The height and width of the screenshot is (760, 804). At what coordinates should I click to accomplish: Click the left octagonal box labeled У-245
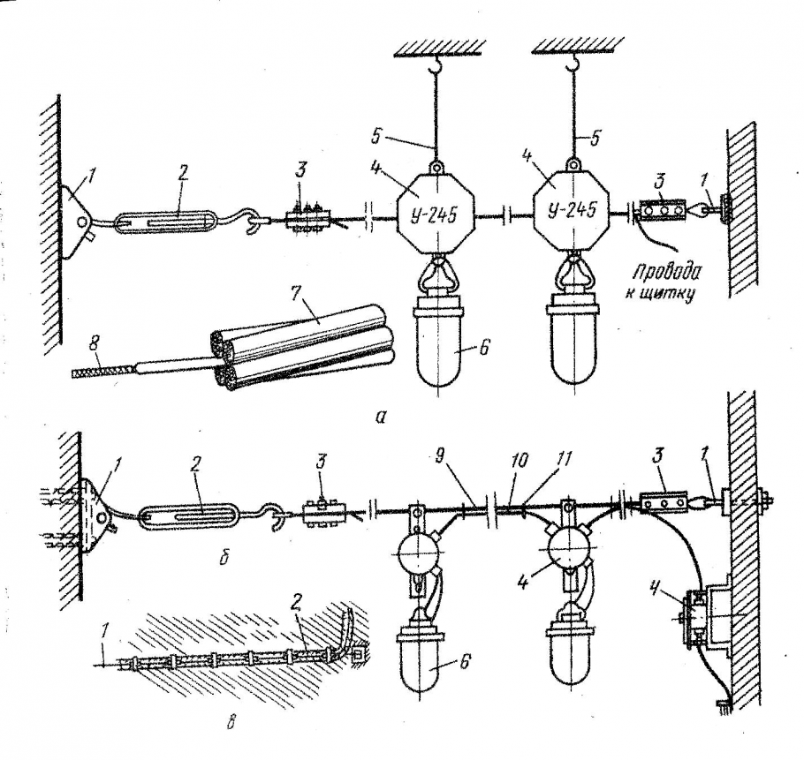(x=436, y=215)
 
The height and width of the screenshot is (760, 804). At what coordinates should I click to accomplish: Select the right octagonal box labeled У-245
(x=572, y=213)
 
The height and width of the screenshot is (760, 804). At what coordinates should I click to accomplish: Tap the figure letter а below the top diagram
(x=380, y=418)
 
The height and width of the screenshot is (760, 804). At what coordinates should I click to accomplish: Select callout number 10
(x=519, y=459)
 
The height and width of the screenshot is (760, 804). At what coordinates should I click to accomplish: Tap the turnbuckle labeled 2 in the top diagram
(x=168, y=220)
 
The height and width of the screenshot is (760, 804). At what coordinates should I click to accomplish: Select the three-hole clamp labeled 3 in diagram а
(x=664, y=210)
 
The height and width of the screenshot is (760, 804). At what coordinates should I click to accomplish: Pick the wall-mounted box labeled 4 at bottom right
(x=707, y=614)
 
